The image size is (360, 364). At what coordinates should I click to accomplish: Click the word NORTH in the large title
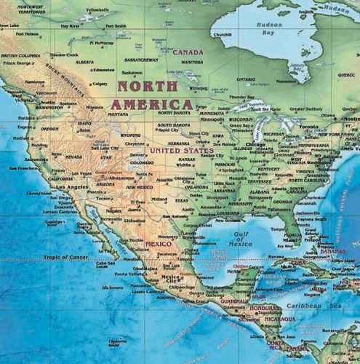coord(143,86)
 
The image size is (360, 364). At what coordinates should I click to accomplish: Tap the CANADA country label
coord(188,52)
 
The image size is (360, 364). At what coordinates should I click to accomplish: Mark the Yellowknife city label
coord(97,9)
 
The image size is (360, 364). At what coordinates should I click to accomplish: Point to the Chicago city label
coord(255,144)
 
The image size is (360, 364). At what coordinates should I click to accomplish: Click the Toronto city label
coord(308,126)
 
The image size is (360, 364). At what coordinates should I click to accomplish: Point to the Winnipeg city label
coord(197,88)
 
